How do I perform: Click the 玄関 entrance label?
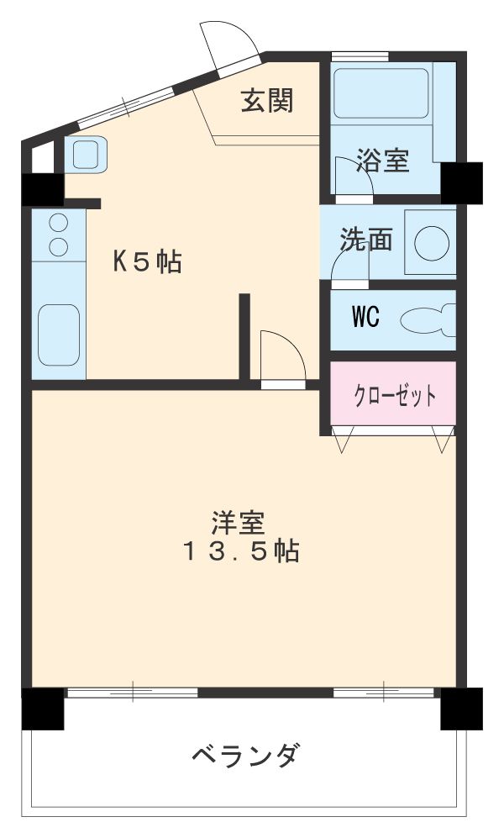click(267, 101)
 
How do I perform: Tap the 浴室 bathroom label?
click(382, 161)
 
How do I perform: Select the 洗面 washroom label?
click(366, 240)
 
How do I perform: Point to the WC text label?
click(365, 318)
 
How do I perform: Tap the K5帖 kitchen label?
click(148, 262)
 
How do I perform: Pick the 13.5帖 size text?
click(239, 552)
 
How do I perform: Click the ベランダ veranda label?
click(244, 755)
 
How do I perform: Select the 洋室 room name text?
click(239, 523)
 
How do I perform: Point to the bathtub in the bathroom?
click(382, 93)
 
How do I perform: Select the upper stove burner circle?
click(59, 224)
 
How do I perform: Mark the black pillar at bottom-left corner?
click(42, 709)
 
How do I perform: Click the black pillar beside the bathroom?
click(461, 182)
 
